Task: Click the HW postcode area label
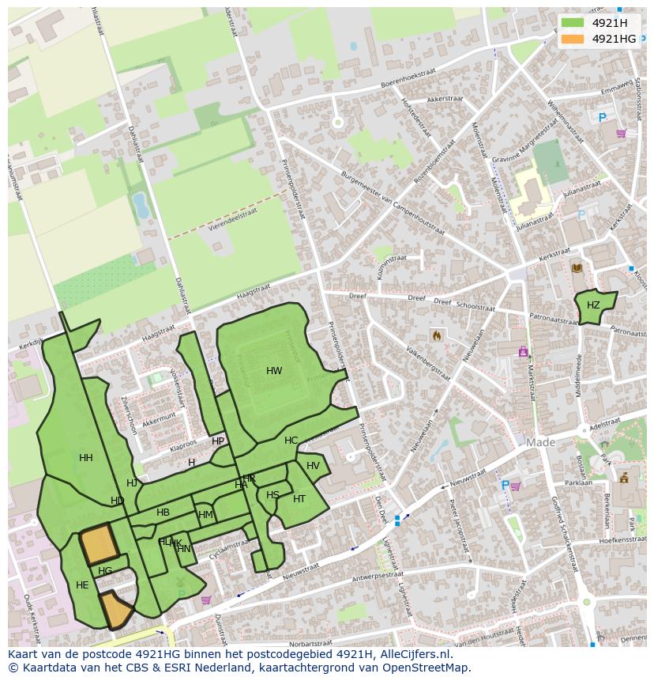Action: coord(274,371)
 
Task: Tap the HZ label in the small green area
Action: coord(593,305)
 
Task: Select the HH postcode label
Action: coord(86,458)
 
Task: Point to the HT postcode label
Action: coord(299,499)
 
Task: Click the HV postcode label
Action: coord(313,466)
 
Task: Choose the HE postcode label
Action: coord(82,585)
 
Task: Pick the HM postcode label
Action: coord(205,515)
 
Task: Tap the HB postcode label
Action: coord(163,513)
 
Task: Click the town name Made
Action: coord(541,443)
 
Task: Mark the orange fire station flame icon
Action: coord(436,335)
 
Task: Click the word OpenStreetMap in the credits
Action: coord(426,668)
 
